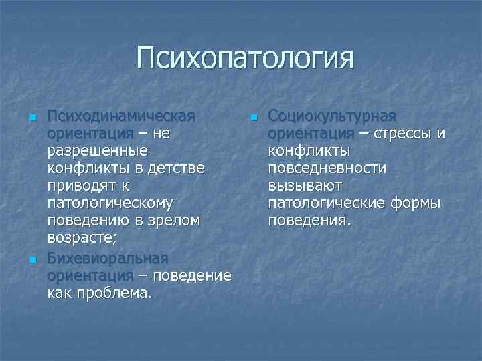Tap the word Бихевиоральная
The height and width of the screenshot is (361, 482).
tap(108, 258)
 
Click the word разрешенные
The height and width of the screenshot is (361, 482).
tap(97, 151)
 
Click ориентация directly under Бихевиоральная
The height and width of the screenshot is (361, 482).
tap(90, 275)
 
